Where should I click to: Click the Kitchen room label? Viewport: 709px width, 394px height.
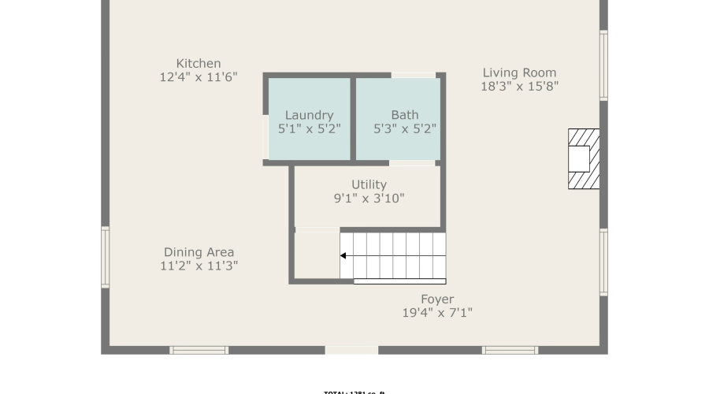(199, 63)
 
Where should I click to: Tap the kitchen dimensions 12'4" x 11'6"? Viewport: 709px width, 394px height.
(199, 77)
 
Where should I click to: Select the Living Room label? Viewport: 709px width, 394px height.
(519, 72)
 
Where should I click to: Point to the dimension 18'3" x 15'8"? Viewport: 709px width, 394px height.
(519, 87)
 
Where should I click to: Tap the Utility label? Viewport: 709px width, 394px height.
(369, 184)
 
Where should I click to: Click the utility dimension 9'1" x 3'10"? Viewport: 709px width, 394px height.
(369, 199)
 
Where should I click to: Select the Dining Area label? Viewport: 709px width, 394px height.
(199, 252)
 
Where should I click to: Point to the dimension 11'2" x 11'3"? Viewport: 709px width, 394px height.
(199, 266)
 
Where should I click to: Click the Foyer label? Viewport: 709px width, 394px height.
(437, 299)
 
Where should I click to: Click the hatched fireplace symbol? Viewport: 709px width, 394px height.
(583, 159)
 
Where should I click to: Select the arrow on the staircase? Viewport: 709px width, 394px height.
(344, 255)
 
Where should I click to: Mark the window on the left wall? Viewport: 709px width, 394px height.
(106, 258)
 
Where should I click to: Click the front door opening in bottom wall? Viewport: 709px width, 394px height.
(351, 350)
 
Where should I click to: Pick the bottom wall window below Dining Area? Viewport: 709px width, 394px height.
(199, 350)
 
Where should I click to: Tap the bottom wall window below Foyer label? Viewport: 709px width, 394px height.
(510, 350)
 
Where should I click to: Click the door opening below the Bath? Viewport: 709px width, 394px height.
(412, 162)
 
